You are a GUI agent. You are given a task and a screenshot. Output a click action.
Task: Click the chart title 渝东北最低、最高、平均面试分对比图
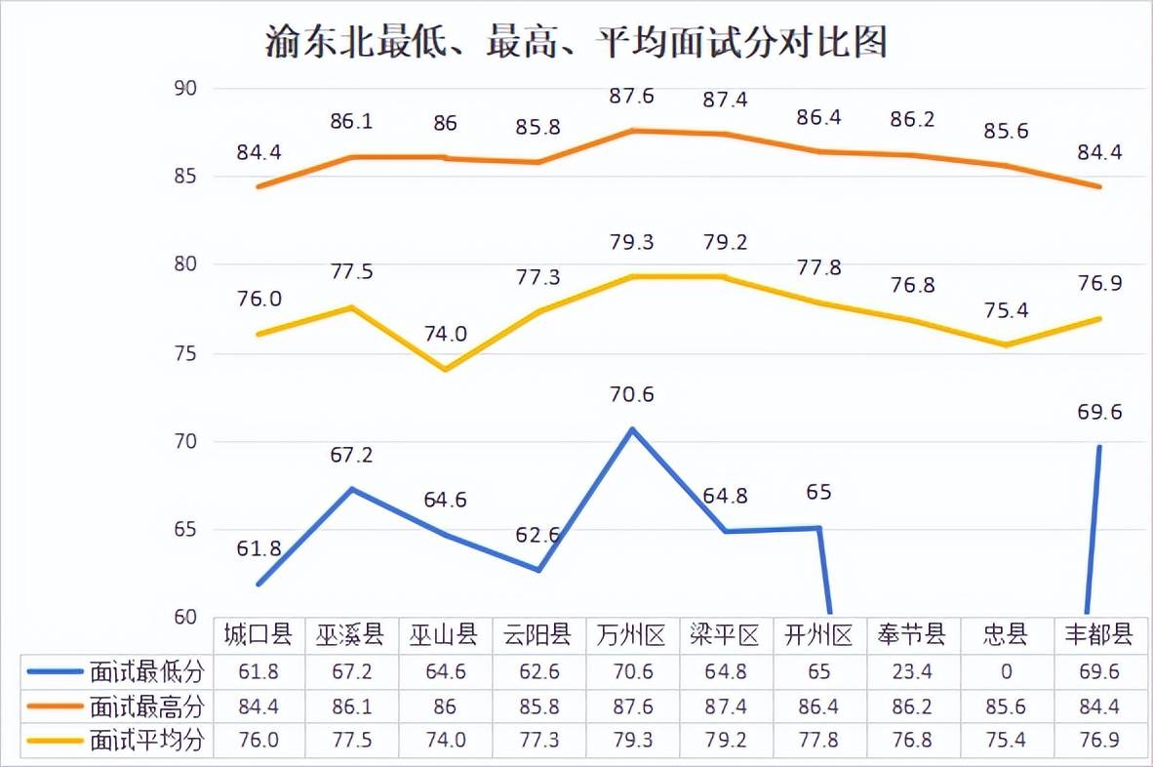point(576,43)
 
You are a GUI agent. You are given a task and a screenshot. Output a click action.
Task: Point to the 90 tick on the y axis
point(185,89)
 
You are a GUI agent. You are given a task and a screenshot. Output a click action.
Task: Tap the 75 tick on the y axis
point(185,353)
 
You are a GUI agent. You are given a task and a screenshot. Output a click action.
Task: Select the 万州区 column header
point(630,636)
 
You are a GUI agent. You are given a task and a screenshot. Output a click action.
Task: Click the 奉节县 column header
point(912,636)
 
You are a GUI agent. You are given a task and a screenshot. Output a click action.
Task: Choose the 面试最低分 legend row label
point(146,671)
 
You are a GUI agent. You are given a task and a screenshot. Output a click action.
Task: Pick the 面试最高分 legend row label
point(146,706)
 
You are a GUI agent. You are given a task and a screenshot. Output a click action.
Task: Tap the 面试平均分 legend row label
point(146,740)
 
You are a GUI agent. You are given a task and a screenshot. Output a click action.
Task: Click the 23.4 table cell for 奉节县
point(912,671)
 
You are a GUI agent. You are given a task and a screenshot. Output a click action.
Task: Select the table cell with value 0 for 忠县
point(1006,671)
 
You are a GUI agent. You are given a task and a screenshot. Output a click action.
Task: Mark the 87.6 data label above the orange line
point(630,97)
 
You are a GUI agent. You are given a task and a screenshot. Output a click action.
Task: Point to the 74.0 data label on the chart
point(445,334)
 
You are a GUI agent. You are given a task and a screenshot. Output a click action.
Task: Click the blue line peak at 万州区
point(632,429)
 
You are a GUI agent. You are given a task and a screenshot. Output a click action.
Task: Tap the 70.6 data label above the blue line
point(630,395)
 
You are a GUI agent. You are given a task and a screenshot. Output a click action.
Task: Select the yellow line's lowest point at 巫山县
point(445,370)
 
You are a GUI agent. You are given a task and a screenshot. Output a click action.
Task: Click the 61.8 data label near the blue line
point(258,548)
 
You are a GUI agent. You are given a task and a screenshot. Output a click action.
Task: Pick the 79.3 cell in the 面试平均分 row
point(630,740)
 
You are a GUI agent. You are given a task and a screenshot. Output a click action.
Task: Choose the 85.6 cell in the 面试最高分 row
point(1006,706)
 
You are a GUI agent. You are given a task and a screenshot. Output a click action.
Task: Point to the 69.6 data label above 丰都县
point(1099,413)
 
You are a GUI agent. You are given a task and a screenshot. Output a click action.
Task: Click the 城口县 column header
point(258,636)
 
